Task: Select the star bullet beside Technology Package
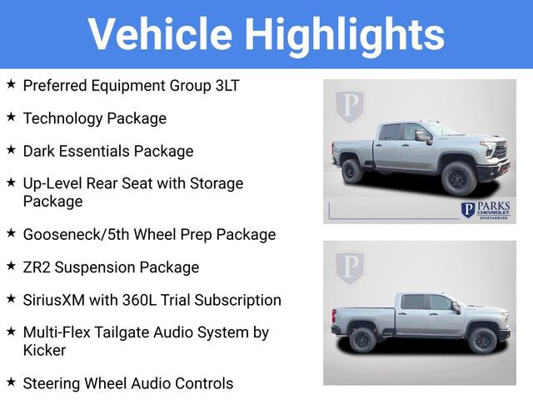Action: click(x=11, y=117)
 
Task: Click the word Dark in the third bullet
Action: click(x=41, y=151)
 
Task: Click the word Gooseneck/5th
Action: click(x=77, y=234)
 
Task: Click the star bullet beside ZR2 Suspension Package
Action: click(x=11, y=267)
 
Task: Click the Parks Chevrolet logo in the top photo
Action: click(x=486, y=209)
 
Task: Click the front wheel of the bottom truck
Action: click(x=481, y=340)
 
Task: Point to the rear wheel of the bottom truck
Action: click(x=362, y=339)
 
